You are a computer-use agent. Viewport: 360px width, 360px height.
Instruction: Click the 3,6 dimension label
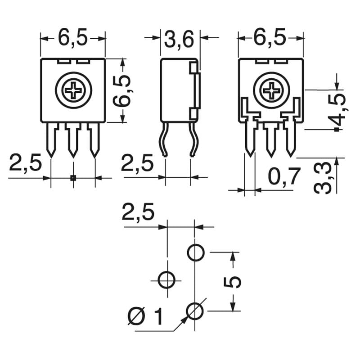179,40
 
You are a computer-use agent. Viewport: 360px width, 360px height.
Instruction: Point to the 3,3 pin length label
323,178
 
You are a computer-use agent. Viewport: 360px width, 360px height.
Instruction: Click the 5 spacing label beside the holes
233,282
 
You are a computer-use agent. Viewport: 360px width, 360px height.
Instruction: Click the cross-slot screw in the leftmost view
73,90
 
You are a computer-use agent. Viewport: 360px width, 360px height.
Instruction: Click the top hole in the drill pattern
195,253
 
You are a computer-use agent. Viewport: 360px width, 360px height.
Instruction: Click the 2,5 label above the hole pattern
138,212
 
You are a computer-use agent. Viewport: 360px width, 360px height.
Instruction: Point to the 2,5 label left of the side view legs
138,163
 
